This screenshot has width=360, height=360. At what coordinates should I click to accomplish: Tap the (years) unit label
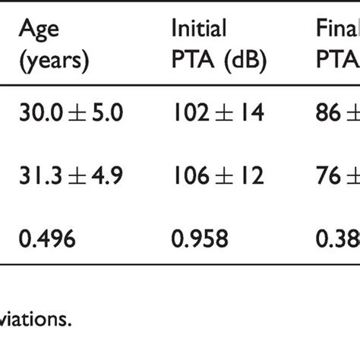(x=53, y=62)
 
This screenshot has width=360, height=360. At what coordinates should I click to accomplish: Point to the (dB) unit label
(x=242, y=62)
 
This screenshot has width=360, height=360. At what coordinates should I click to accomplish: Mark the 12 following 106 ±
(x=250, y=176)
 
